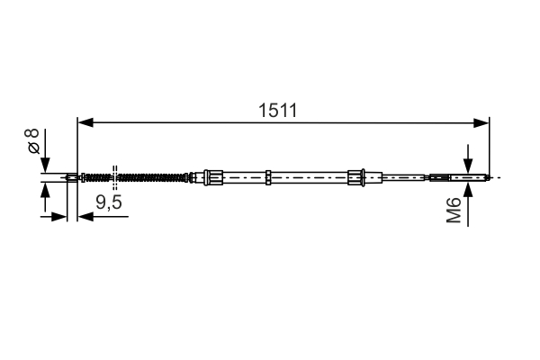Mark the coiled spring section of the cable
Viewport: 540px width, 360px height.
(148, 176)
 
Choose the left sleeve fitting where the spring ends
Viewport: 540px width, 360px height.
(211, 176)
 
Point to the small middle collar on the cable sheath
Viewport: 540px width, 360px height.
(269, 176)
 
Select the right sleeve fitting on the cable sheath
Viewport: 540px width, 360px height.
(355, 176)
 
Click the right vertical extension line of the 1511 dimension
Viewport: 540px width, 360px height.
(489, 144)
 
